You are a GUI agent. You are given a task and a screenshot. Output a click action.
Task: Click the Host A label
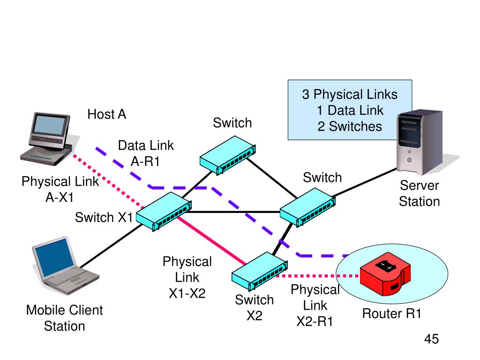(x=107, y=114)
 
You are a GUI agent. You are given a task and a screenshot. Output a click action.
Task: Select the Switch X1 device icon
(x=163, y=213)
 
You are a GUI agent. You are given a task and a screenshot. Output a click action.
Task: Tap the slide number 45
(x=431, y=339)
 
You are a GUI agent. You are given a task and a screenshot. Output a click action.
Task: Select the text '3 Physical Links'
(x=350, y=95)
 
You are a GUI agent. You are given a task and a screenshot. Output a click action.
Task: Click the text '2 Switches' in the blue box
(x=350, y=126)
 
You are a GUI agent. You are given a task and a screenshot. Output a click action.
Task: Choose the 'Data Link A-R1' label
(x=146, y=153)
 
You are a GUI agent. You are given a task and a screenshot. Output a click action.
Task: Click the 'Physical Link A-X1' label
(x=60, y=189)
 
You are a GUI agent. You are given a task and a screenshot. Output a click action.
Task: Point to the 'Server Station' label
(x=420, y=194)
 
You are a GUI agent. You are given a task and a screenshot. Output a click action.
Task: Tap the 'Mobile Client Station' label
(x=65, y=318)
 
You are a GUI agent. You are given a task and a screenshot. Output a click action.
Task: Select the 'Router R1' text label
(x=392, y=314)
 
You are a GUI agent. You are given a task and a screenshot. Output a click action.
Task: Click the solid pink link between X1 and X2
(x=211, y=240)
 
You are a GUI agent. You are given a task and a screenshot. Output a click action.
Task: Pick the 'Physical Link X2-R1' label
(x=315, y=306)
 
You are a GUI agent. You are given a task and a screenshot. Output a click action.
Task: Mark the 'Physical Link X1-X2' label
(x=187, y=277)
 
